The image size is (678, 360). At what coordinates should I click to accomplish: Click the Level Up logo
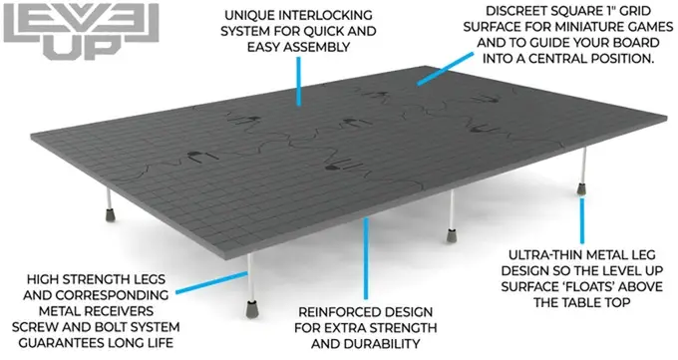82,30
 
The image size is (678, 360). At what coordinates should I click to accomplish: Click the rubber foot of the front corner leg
251,308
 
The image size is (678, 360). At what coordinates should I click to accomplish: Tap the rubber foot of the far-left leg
111,214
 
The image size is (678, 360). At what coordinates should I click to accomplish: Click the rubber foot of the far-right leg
582,188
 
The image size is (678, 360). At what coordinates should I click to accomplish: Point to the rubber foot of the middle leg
452,235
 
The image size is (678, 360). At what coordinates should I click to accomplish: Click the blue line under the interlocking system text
298,82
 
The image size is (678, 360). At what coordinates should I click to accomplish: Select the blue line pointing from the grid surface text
445,69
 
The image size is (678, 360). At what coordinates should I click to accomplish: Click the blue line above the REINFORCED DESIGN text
366,258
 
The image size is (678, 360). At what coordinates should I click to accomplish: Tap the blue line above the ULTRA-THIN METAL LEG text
582,220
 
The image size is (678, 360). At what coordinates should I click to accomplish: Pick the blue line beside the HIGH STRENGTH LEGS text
211,283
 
